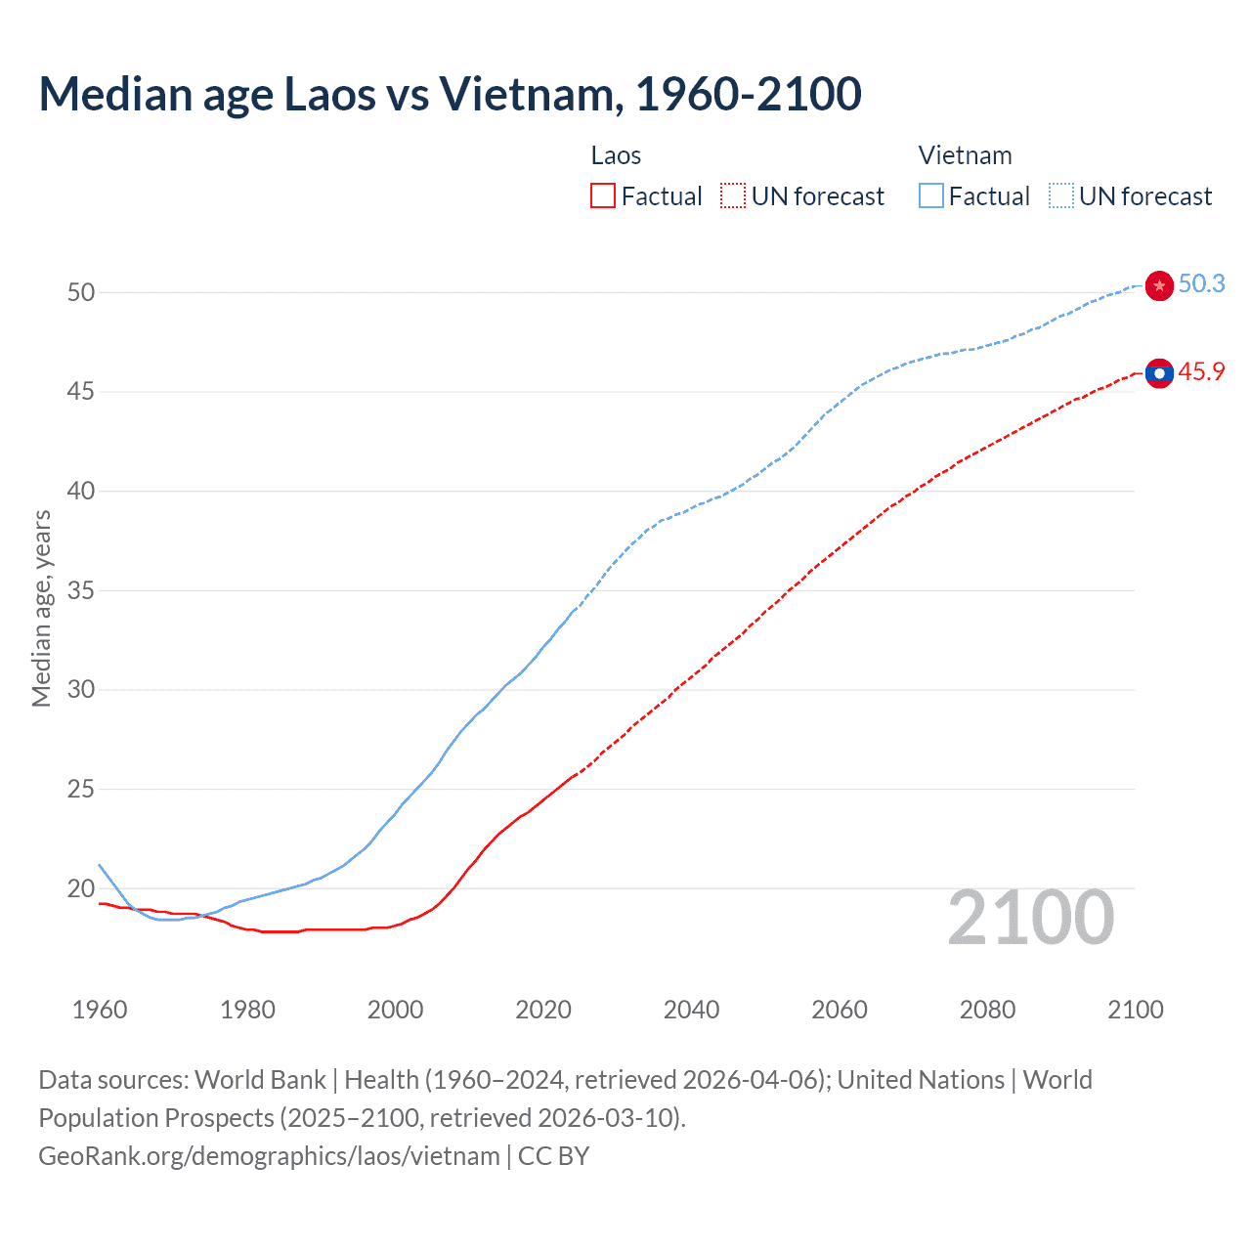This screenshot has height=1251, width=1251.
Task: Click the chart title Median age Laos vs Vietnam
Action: (x=450, y=94)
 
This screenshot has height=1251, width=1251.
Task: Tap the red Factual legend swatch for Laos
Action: (x=603, y=196)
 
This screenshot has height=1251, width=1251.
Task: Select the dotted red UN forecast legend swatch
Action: (x=733, y=196)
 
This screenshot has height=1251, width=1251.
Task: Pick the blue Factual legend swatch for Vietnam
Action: (x=931, y=196)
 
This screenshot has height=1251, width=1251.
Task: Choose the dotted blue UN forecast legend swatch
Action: (x=1061, y=196)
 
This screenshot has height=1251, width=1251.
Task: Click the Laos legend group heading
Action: (x=616, y=155)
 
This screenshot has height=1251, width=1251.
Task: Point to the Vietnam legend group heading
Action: (x=965, y=155)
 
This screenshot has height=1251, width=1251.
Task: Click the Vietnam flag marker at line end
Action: (x=1159, y=285)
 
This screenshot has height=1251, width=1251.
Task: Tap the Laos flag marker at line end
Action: (x=1159, y=373)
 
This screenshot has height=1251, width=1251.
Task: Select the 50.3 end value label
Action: (x=1201, y=283)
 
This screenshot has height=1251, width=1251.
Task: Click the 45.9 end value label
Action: (x=1201, y=372)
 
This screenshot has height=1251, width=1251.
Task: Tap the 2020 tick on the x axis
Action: (x=543, y=1010)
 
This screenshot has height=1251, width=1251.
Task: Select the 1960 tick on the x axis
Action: (x=100, y=1010)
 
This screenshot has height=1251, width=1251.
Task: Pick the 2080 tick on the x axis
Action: (x=987, y=1010)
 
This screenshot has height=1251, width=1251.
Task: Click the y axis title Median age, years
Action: (x=41, y=608)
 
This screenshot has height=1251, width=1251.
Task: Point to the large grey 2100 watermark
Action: (x=1031, y=918)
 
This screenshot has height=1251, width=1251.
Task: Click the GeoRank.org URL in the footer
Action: (x=269, y=1156)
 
